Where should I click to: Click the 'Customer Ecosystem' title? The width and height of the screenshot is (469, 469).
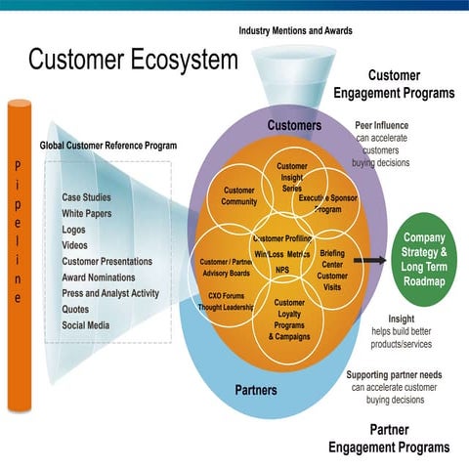[x=132, y=61]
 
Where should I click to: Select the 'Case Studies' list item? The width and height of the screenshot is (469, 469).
[x=86, y=197]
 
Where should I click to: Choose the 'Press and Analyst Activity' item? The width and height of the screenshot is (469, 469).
[x=110, y=293]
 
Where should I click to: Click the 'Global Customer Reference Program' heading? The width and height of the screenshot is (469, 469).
[x=107, y=147]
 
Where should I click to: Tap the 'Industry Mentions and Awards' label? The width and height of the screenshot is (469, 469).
[x=296, y=30]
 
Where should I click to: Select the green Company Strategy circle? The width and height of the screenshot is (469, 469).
[x=424, y=259]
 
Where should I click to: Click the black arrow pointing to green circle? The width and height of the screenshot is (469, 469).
[x=368, y=261]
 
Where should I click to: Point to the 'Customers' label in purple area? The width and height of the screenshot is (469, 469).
[x=294, y=126]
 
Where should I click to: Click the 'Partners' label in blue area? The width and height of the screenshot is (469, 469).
[x=256, y=390]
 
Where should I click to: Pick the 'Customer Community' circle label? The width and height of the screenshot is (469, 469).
[x=239, y=196]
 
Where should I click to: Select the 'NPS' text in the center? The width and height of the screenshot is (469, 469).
[x=281, y=270]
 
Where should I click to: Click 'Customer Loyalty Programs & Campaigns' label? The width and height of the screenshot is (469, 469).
[x=289, y=320]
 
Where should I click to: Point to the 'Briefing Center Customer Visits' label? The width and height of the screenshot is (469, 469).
[x=332, y=264]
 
